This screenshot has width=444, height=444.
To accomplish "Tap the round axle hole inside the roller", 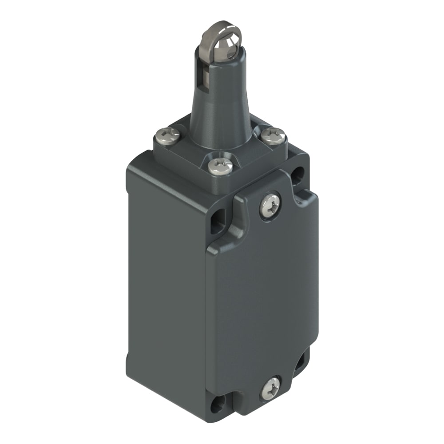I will pos(230,53).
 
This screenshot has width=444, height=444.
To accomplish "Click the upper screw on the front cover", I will pos(270,205).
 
